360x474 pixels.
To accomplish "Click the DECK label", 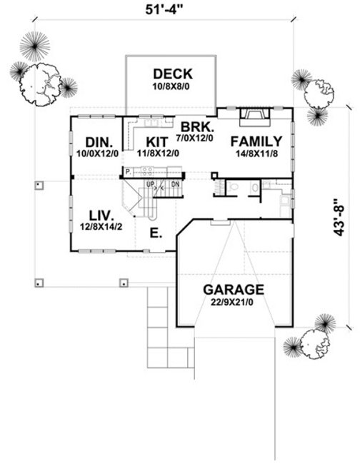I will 172,74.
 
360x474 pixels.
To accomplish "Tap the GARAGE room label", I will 233,290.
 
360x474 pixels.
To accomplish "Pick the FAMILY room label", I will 256,141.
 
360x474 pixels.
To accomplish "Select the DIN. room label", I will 99,141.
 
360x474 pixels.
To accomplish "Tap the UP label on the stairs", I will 150,184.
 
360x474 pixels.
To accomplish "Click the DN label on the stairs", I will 175,184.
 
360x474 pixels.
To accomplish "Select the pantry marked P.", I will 127,172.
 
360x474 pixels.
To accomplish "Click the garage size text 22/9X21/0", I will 233,302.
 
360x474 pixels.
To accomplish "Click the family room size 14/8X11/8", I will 256,153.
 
